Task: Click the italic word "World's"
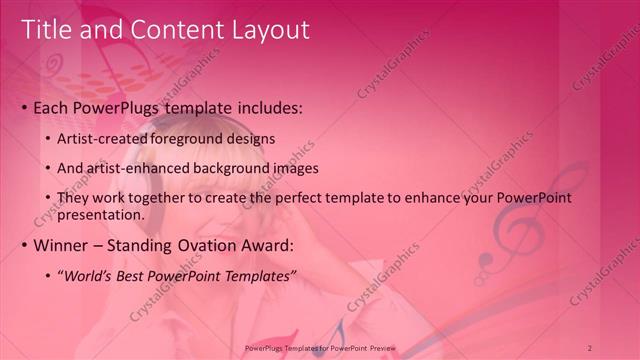[x=91, y=276]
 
